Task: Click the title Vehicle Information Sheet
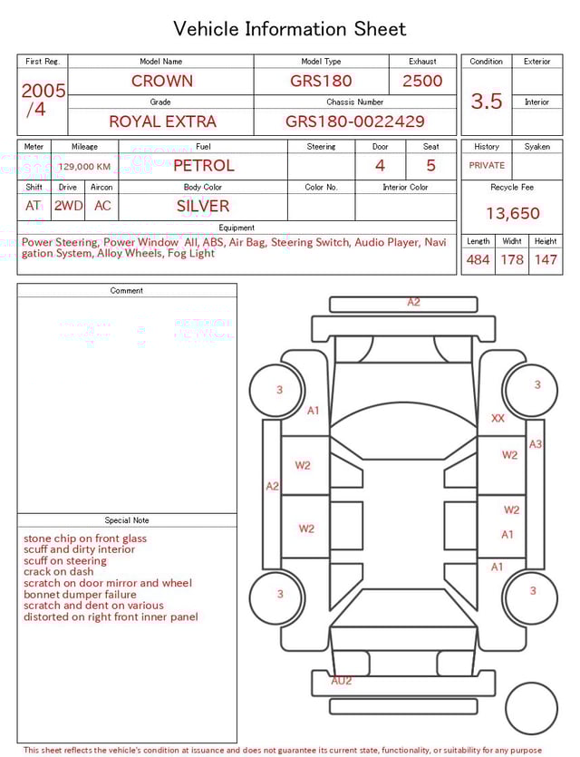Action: tap(290, 29)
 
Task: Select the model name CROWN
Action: tap(161, 81)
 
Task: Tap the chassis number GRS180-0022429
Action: tap(354, 121)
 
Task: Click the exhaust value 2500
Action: tap(422, 81)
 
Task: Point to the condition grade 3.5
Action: tap(487, 102)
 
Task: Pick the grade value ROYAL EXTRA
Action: tap(162, 121)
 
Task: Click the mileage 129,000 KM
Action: tap(84, 167)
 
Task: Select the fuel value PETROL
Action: tap(203, 165)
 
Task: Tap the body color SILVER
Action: tap(203, 206)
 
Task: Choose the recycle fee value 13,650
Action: tap(512, 213)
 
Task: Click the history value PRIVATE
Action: tap(487, 165)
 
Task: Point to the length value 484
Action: tap(478, 260)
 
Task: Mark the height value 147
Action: tap(546, 260)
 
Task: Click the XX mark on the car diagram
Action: tap(498, 418)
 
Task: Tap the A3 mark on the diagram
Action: tap(536, 444)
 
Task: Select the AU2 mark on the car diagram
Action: tap(341, 680)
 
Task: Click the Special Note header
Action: tap(127, 520)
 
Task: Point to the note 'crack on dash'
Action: tap(58, 572)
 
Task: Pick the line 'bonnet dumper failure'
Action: tap(80, 595)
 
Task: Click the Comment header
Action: tap(127, 290)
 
